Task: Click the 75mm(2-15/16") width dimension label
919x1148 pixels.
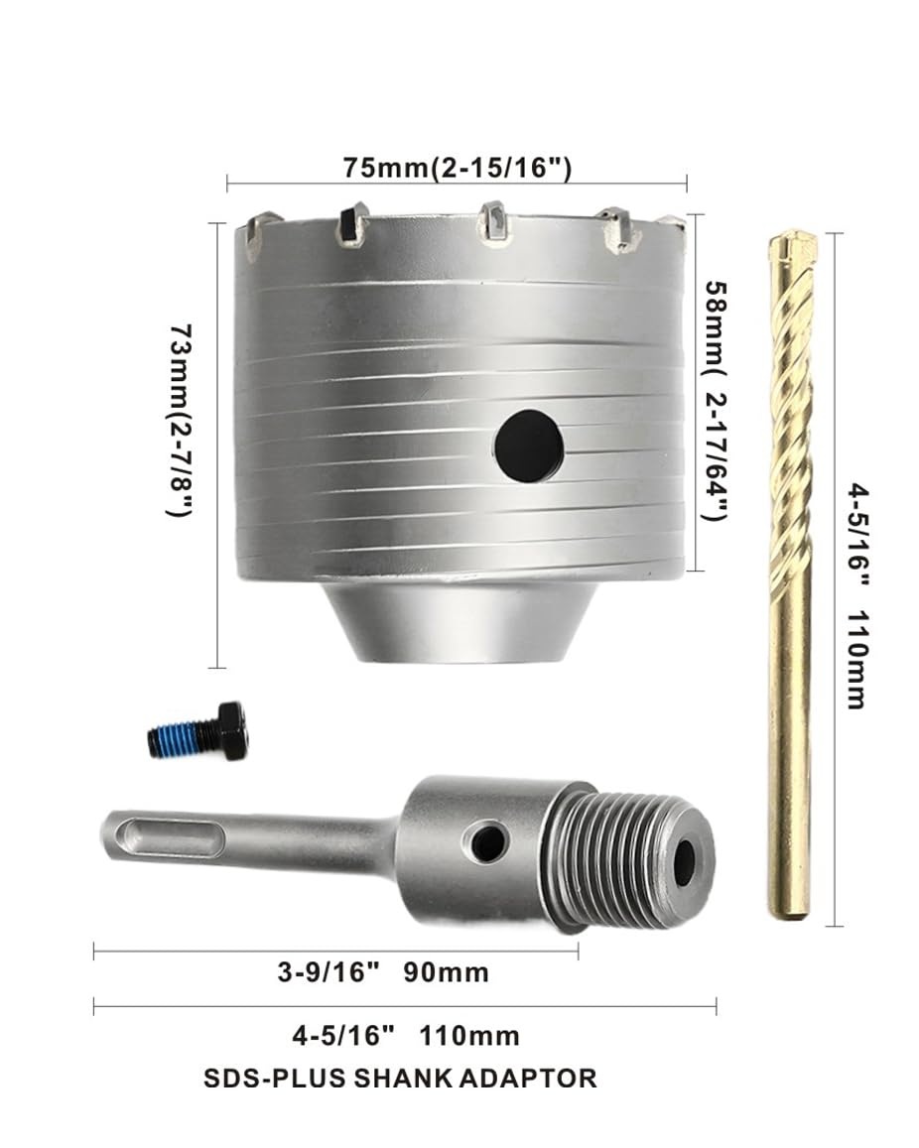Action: click(x=457, y=168)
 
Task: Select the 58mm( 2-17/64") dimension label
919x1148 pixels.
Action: click(x=717, y=402)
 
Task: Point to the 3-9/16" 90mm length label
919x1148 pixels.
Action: click(x=383, y=972)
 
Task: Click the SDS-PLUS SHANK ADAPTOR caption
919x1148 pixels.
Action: click(x=400, y=1078)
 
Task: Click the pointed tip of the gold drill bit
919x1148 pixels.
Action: click(x=795, y=233)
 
